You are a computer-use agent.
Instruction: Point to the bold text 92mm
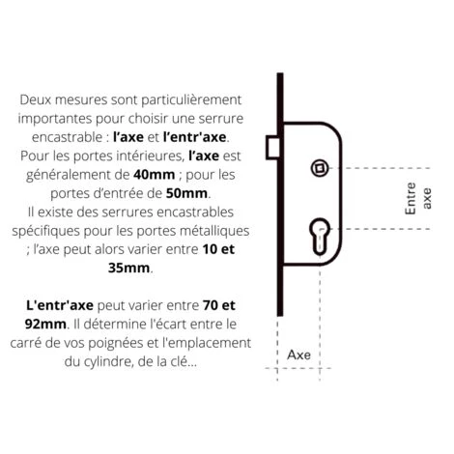48,323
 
